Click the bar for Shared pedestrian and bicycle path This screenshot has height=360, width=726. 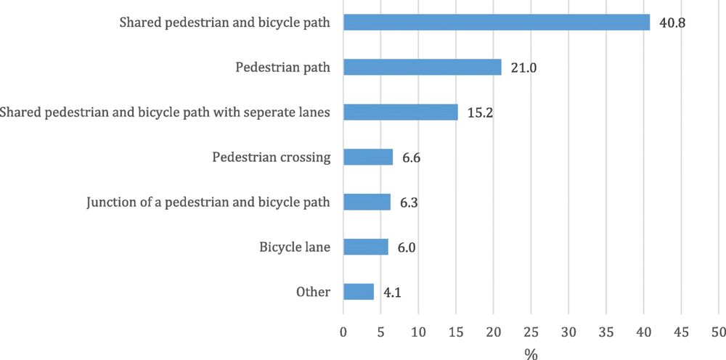tap(496, 22)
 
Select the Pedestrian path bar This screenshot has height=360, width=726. tap(422, 67)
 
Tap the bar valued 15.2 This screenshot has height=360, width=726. tap(400, 112)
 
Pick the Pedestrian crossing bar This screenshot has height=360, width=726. tap(368, 157)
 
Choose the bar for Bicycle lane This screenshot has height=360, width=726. tap(366, 247)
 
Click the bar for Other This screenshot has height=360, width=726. tap(359, 292)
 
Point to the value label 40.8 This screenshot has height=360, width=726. tap(672, 22)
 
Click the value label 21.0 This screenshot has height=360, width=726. tap(523, 67)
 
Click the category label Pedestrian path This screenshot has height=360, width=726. tap(283, 67)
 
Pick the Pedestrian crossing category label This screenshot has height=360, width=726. tap(272, 157)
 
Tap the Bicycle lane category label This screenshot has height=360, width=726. tap(295, 247)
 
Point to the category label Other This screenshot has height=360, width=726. tap(313, 292)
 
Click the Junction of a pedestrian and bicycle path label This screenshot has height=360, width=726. tap(208, 202)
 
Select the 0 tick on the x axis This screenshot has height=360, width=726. tap(343, 332)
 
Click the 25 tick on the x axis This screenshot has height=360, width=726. tap(531, 332)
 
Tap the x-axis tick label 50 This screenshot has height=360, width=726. tap(718, 332)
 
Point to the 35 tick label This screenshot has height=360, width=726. tap(605, 332)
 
